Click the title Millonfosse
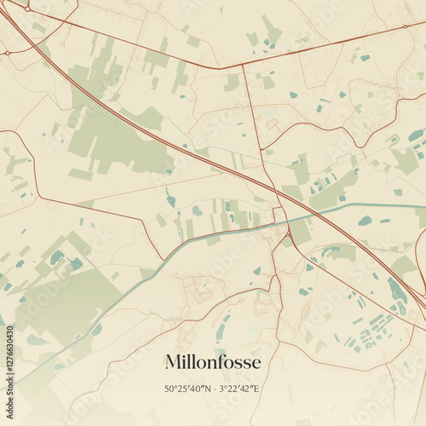coord(213,363)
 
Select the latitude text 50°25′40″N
coord(189,389)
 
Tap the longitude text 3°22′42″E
coord(241,389)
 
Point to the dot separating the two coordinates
coord(216,389)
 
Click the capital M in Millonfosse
coord(173,363)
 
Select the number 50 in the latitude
coord(170,389)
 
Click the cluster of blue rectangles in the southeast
coord(371,333)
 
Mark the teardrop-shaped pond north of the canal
coord(170,200)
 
